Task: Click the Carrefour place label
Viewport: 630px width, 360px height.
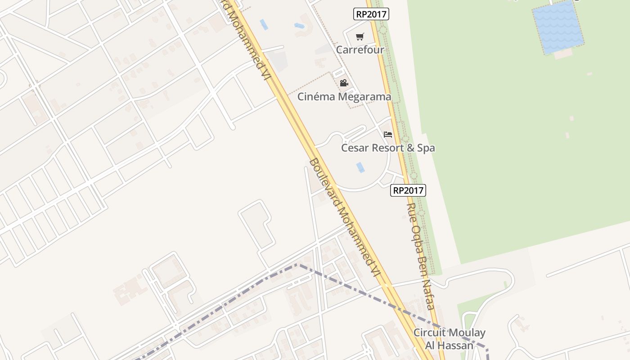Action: [360, 49]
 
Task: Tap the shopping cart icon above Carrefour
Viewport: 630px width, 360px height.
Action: [360, 37]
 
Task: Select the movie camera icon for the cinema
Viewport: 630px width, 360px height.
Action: [344, 83]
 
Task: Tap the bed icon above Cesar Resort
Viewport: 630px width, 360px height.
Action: [388, 135]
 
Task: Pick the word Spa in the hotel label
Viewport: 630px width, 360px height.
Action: [426, 148]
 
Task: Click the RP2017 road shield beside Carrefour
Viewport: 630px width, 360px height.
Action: [371, 14]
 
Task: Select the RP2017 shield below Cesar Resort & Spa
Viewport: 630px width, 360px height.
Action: [408, 190]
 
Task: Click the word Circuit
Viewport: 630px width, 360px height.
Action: [430, 333]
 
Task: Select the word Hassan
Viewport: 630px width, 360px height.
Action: [456, 346]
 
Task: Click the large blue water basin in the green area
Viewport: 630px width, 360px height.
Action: [558, 27]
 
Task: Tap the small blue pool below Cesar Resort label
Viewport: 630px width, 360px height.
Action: [360, 167]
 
